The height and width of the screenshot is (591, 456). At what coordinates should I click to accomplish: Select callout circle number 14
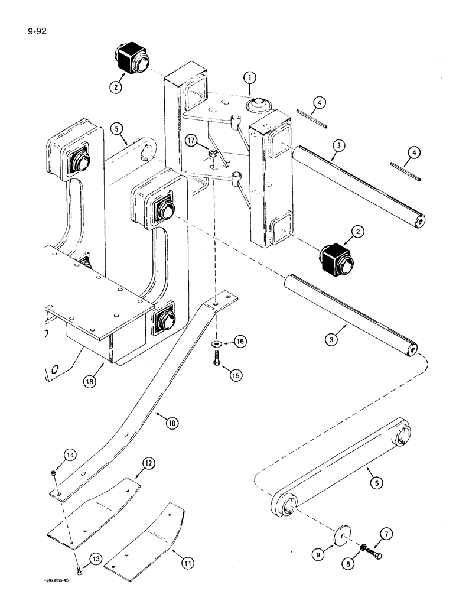click(x=54, y=455)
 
